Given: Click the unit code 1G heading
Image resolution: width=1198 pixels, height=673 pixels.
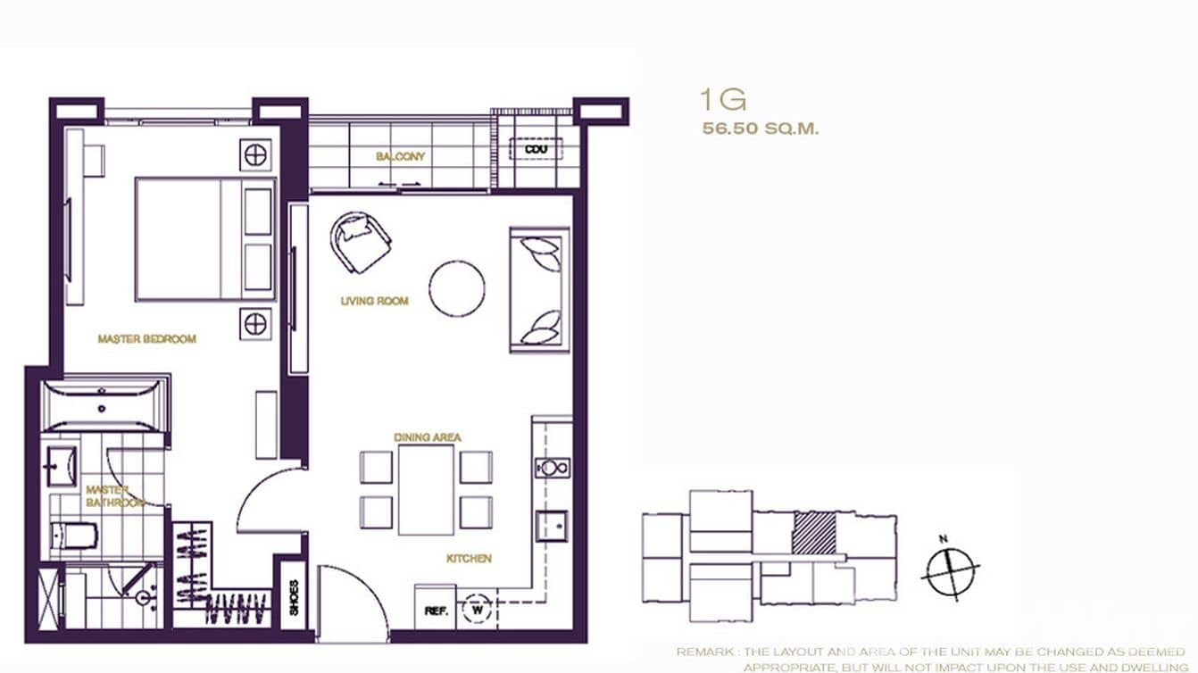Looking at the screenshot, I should coord(722,99).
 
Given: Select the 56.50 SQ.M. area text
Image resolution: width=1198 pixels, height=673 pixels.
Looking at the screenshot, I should coord(760,129).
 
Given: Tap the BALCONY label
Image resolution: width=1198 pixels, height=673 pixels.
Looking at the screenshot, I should coord(400,157).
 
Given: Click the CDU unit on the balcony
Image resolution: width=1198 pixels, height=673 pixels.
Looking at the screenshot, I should coord(536,149).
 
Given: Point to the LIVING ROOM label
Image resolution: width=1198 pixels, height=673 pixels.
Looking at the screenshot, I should coord(374,302).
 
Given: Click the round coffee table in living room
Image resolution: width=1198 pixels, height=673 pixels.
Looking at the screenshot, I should coord(457,287).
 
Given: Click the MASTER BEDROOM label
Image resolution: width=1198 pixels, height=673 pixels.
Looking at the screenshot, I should coord(146,339).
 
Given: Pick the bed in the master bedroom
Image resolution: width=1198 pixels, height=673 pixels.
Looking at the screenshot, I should coord(204,238).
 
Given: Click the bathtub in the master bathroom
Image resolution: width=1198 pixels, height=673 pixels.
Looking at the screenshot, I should coord(104,407).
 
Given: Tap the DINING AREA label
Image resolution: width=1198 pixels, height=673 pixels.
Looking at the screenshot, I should coord(428,437).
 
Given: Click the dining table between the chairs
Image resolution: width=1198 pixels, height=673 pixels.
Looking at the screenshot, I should coord(426,489).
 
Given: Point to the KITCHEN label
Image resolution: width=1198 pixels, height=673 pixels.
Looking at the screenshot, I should coord(469,559).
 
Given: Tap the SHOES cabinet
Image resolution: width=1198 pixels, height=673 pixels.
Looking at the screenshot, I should coord(293,592).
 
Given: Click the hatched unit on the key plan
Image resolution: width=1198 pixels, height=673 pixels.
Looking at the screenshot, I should coord(814,533).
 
